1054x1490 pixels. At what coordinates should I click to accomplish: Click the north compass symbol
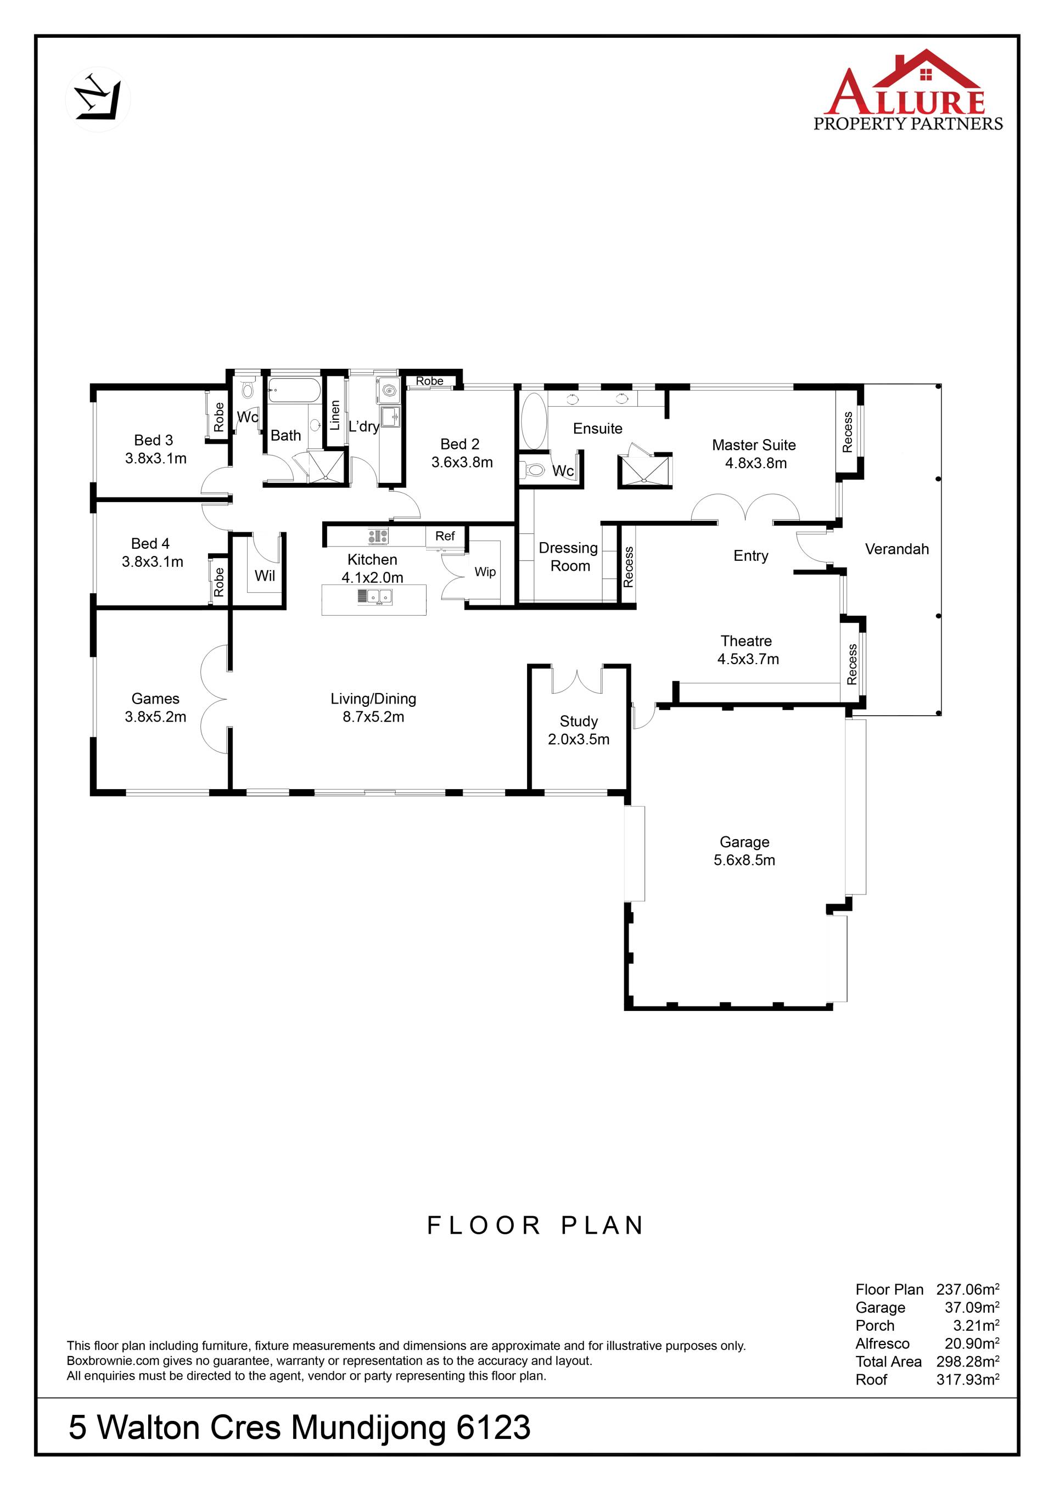(x=98, y=99)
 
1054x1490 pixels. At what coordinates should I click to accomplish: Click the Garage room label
(x=744, y=851)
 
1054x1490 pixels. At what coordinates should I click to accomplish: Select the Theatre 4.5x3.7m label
(x=748, y=650)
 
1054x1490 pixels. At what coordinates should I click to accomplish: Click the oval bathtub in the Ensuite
(x=534, y=420)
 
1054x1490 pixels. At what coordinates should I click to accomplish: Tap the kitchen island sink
(x=374, y=597)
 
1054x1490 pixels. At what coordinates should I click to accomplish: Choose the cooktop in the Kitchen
(x=378, y=536)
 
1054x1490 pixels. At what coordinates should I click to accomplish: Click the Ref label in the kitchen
(x=445, y=536)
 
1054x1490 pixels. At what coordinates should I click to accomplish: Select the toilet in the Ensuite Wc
(x=534, y=469)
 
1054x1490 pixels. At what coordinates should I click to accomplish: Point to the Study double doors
(x=577, y=679)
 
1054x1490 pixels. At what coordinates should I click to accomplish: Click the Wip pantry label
(x=485, y=572)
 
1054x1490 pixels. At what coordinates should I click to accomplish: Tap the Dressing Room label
(x=569, y=557)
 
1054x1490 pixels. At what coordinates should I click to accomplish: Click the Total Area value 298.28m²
(x=968, y=1361)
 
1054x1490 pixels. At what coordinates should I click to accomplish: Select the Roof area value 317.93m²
(x=968, y=1379)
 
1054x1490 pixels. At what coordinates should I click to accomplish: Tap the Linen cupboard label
(x=335, y=415)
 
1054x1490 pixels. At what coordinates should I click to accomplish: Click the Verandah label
(x=897, y=549)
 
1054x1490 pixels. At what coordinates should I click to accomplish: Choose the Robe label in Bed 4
(x=218, y=582)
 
